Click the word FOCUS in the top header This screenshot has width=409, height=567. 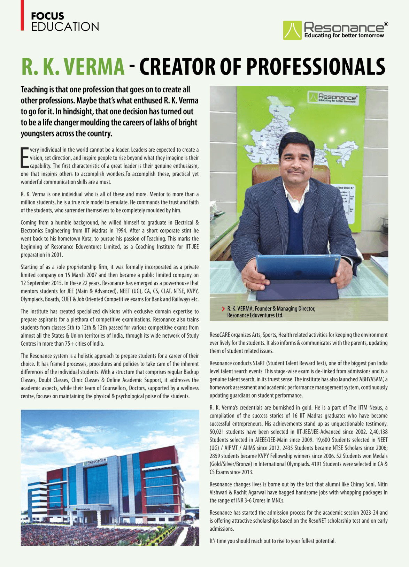47,16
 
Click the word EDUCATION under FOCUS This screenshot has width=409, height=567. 65,27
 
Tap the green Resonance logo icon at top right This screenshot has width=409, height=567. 292,30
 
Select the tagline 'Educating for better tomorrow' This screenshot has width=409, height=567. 344,36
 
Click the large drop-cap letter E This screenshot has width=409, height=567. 24,158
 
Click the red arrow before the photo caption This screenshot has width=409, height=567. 223,309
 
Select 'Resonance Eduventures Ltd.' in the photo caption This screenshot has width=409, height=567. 255,315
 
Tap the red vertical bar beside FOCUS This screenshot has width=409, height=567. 22,15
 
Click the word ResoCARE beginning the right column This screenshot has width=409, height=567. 221,335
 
